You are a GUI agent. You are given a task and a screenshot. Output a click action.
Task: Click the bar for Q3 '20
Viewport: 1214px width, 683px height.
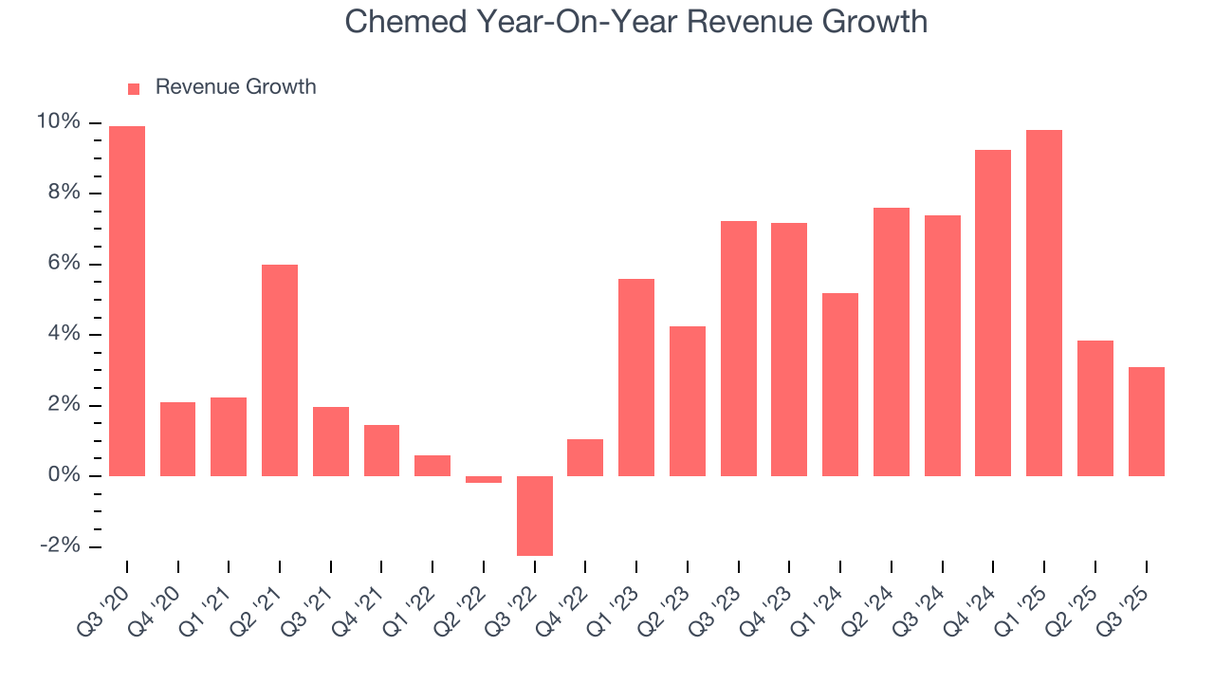click(x=127, y=301)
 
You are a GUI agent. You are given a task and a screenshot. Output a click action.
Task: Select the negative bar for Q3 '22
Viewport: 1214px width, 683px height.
click(x=535, y=515)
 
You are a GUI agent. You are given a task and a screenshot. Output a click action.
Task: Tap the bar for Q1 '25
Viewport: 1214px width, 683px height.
click(x=1044, y=303)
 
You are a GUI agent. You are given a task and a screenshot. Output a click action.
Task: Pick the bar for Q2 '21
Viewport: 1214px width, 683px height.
click(x=280, y=370)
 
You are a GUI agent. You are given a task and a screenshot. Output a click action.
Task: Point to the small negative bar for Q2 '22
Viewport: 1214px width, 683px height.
click(x=484, y=479)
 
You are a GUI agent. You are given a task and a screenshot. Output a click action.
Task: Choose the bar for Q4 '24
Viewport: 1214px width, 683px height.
click(x=993, y=313)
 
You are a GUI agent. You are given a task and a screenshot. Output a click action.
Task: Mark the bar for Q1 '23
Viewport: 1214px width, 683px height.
click(x=636, y=377)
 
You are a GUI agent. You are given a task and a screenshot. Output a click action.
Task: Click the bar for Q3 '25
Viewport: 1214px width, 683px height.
click(x=1146, y=421)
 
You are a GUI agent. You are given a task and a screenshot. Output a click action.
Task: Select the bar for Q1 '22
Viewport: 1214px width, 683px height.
click(x=432, y=465)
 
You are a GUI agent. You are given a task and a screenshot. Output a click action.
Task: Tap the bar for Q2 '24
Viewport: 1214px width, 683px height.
click(x=892, y=341)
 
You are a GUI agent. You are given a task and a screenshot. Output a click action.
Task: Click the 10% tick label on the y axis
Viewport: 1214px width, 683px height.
click(x=58, y=122)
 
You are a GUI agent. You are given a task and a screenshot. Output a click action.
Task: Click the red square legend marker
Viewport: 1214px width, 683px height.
click(x=134, y=88)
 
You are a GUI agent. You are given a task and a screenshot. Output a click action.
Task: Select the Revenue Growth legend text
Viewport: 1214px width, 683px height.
click(x=235, y=87)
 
